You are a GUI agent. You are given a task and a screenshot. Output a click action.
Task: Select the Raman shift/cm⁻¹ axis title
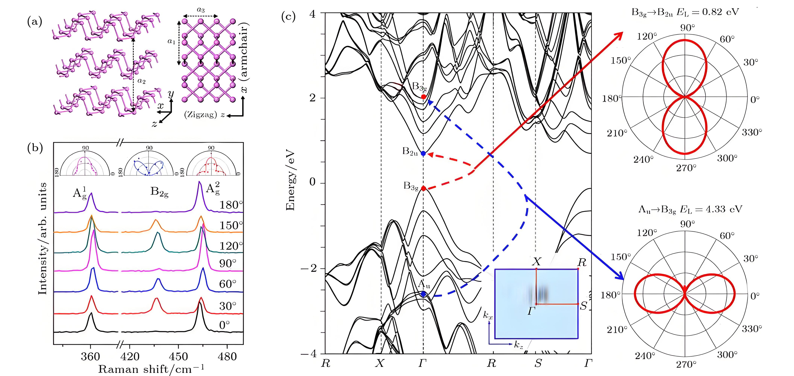click(151, 369)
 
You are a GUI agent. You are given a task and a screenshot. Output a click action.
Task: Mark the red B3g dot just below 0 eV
click(424, 188)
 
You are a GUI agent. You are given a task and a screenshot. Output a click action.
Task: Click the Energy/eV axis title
click(290, 181)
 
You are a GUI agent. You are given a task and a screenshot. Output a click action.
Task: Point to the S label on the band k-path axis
click(538, 364)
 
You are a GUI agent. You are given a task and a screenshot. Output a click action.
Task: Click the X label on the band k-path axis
click(380, 364)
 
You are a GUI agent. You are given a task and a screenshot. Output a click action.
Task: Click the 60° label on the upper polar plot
click(727, 39)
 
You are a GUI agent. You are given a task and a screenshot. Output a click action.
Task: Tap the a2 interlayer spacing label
click(142, 81)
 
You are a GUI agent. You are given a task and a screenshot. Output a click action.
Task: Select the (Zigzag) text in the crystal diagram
click(201, 115)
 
